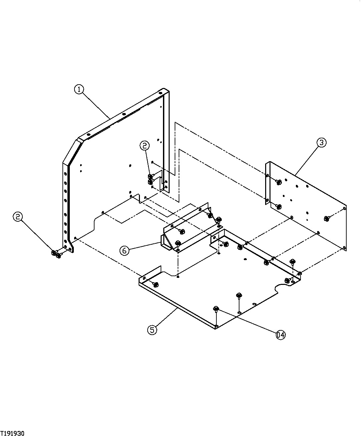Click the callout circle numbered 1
(79, 90)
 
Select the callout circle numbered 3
(321, 143)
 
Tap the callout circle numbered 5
(152, 330)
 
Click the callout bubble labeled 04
(281, 334)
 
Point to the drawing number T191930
(12, 433)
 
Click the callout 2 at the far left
(18, 217)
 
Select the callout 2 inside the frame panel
(145, 145)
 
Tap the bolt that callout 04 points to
(216, 308)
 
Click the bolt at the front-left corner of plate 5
(156, 284)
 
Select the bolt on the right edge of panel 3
(327, 219)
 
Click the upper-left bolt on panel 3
(279, 182)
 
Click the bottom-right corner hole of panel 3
(344, 248)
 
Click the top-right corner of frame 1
(164, 90)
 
